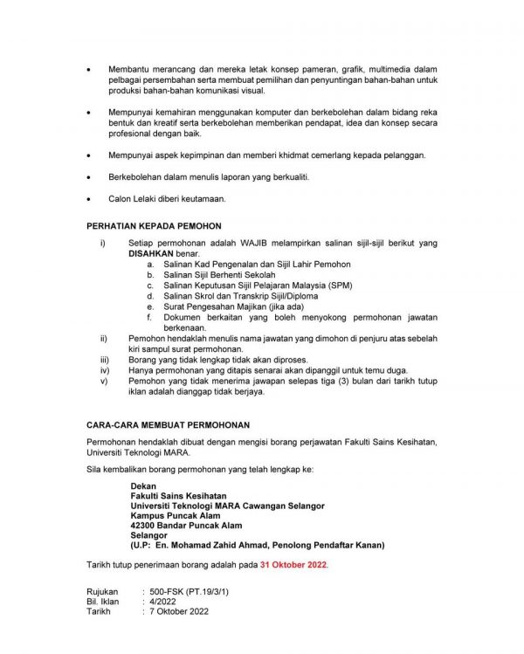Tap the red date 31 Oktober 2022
293,565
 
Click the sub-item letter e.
149,306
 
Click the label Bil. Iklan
104,602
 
